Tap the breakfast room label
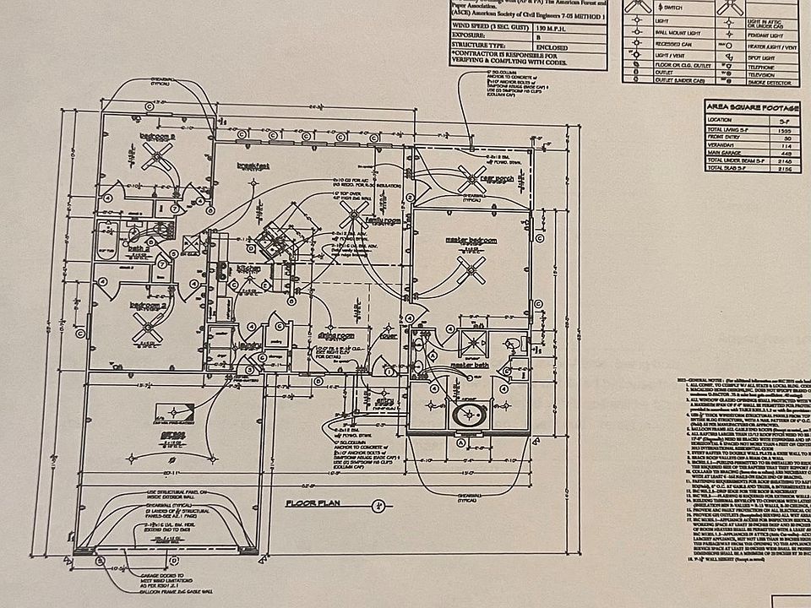253,166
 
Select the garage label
172,434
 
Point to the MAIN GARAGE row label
732,154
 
